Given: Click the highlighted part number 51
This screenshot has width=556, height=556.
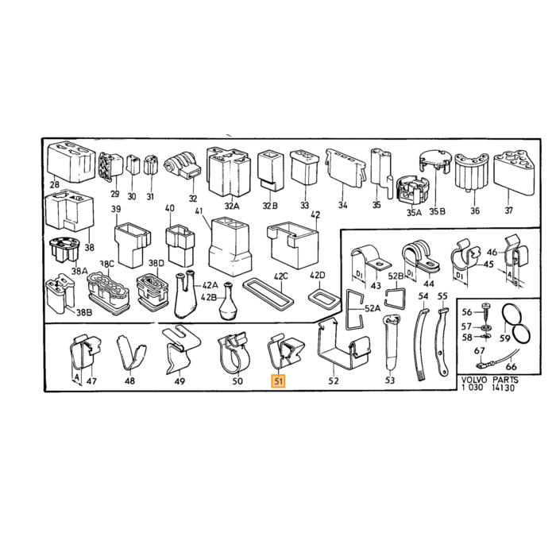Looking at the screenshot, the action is tap(278, 381).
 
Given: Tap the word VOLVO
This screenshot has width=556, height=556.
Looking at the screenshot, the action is tap(474, 380).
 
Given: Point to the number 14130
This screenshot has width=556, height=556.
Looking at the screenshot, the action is tap(503, 388).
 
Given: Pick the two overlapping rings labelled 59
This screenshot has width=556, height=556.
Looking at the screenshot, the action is tap(516, 323).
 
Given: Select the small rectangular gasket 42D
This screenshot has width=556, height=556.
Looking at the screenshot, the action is tap(323, 299).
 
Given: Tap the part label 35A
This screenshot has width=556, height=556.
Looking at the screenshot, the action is tap(414, 212).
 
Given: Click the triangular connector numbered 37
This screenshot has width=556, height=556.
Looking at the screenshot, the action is tap(513, 172).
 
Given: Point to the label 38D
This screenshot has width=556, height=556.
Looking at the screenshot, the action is tap(156, 263).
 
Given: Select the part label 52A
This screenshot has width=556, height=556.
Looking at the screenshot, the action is tap(373, 308).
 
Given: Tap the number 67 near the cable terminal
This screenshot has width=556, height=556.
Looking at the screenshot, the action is tap(480, 351).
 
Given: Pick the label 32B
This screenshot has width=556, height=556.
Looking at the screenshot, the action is tap(270, 206).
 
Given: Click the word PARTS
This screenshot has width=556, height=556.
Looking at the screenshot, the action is tap(505, 380).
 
